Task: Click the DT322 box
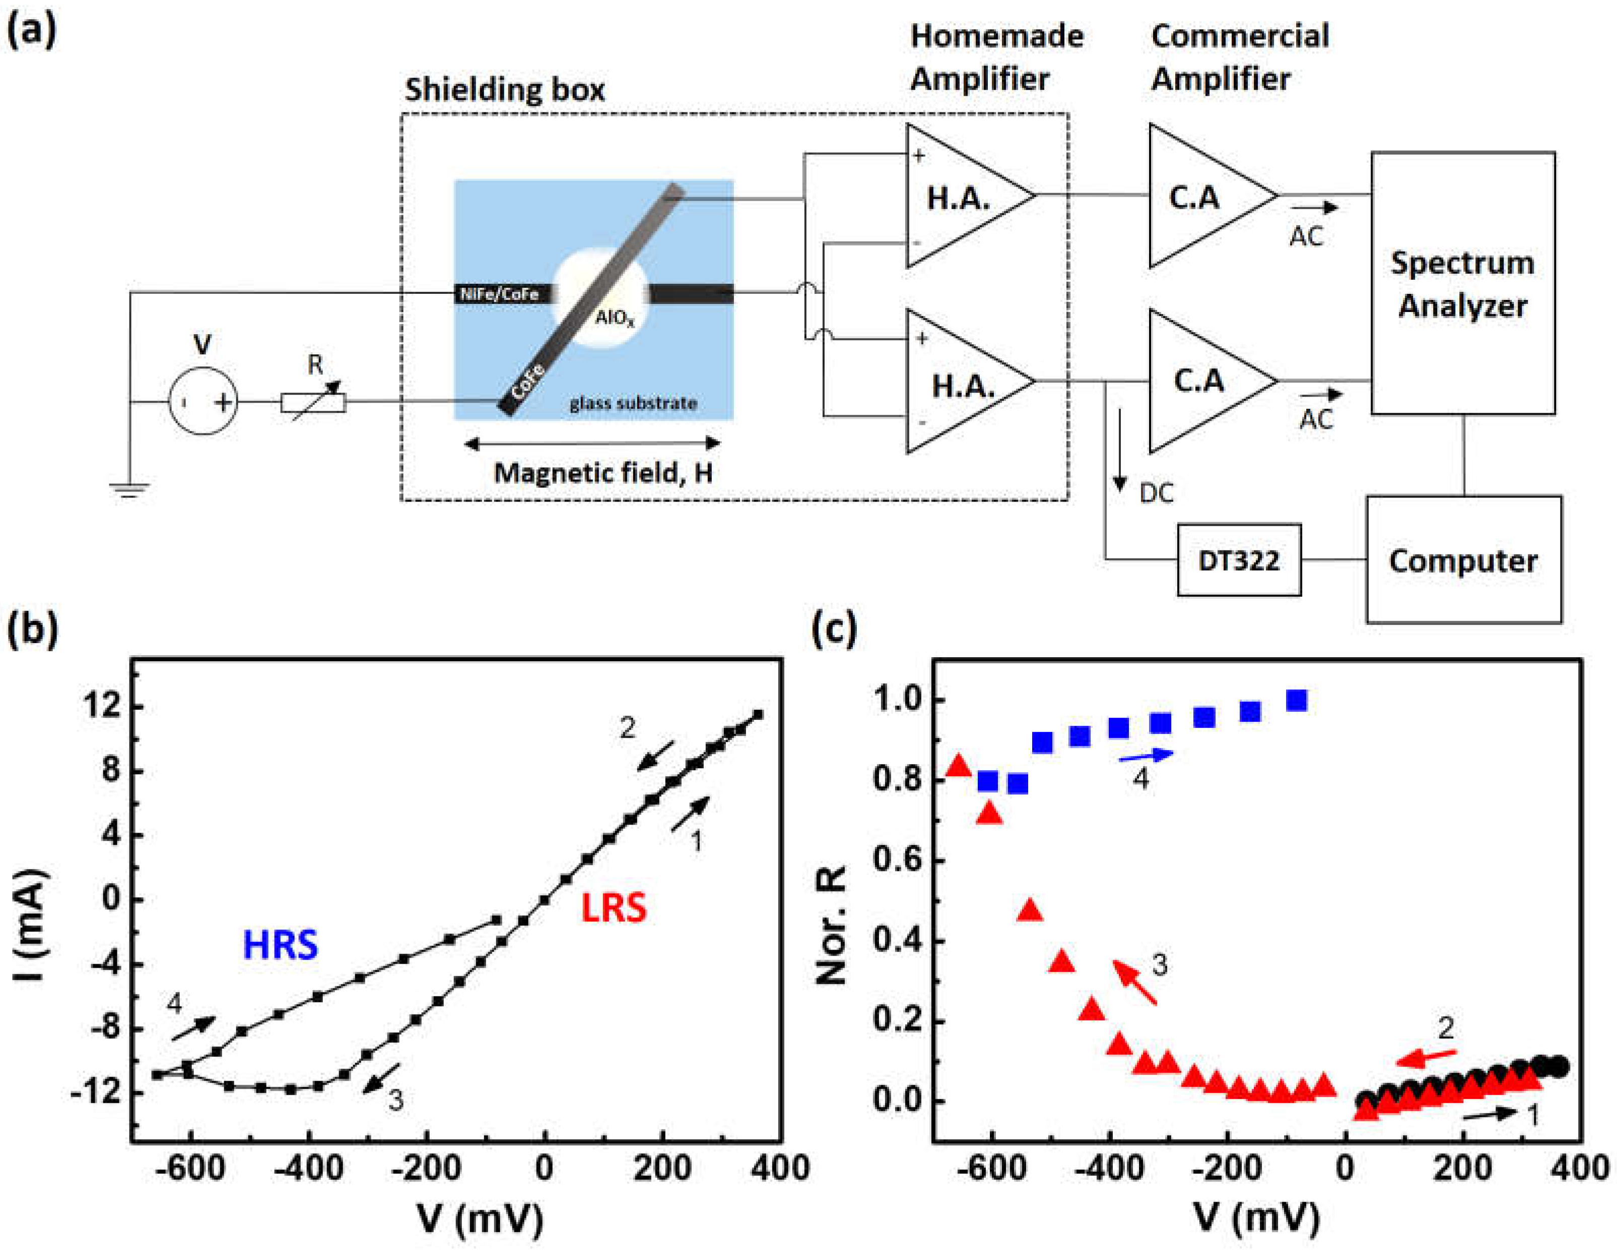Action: click(x=1239, y=560)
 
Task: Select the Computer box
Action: click(x=1463, y=560)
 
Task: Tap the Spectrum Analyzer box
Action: click(x=1462, y=283)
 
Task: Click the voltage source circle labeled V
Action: click(x=204, y=401)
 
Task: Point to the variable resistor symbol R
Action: click(x=313, y=402)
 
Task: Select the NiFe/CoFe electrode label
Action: click(x=499, y=294)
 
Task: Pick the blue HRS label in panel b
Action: click(x=281, y=945)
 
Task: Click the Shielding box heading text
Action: click(x=504, y=90)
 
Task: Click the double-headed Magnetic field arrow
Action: click(x=592, y=444)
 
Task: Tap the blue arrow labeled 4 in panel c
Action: click(x=1146, y=755)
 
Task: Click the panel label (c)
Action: click(x=834, y=629)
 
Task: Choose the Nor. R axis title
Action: click(x=831, y=924)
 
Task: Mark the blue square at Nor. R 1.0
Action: click(x=1296, y=700)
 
